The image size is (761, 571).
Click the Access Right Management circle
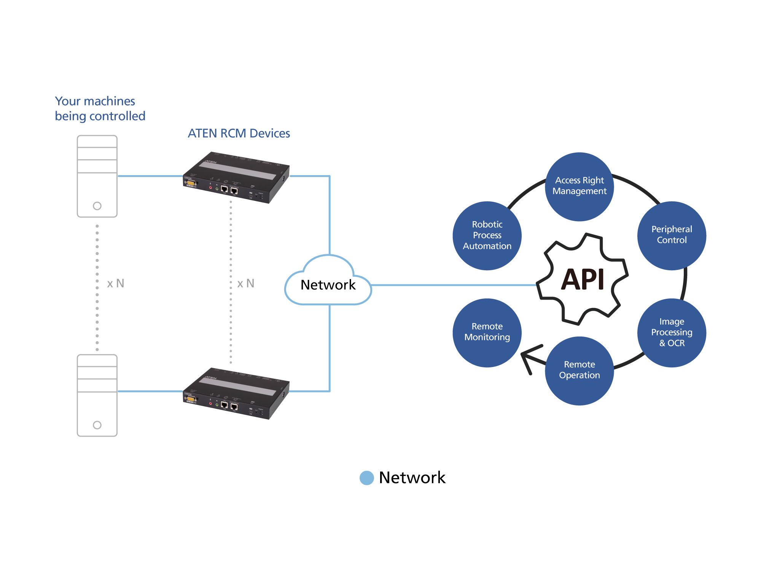pyautogui.click(x=579, y=187)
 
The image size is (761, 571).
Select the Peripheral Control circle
pyautogui.click(x=672, y=235)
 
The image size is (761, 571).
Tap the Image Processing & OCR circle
pyautogui.click(x=672, y=333)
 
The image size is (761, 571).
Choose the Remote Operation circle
pyautogui.click(x=579, y=370)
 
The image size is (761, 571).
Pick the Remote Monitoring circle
pyautogui.click(x=487, y=332)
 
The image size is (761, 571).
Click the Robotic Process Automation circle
pyautogui.click(x=487, y=236)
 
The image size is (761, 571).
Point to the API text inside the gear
pyautogui.click(x=583, y=280)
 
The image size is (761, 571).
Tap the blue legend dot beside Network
pyautogui.click(x=367, y=478)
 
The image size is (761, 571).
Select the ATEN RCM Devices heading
pyautogui.click(x=239, y=134)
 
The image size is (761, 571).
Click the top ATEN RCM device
pyautogui.click(x=236, y=177)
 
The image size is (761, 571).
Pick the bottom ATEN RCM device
pyautogui.click(x=236, y=393)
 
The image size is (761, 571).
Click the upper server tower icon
pyautogui.click(x=97, y=176)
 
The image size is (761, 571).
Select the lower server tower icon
pyautogui.click(x=97, y=395)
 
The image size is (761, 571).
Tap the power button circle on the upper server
pyautogui.click(x=97, y=206)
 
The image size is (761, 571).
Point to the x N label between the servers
pyautogui.click(x=116, y=284)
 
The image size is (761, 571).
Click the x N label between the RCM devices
pyautogui.click(x=246, y=284)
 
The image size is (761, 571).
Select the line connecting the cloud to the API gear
pyautogui.click(x=453, y=285)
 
